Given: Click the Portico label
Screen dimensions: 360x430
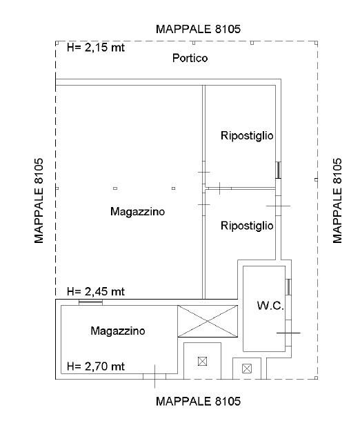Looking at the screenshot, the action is tap(190, 58).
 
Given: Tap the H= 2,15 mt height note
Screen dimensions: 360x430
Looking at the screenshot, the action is tap(96, 48).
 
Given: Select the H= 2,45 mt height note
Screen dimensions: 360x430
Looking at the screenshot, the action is tap(96, 291).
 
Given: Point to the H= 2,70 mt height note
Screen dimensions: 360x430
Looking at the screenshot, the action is tap(96, 367).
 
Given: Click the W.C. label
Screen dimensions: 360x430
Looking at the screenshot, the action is tap(270, 306).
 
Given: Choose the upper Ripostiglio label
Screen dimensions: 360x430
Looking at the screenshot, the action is tap(247, 136).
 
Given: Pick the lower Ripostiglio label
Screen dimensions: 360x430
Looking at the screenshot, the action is tap(247, 226).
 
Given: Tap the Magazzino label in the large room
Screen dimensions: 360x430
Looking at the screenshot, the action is tap(137, 211).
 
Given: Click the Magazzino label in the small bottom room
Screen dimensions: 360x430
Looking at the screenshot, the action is tap(118, 331).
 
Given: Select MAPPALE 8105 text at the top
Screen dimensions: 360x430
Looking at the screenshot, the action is tap(198, 29).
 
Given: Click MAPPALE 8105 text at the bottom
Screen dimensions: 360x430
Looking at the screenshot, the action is tap(198, 402).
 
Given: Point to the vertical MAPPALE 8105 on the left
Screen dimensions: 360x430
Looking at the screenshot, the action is tap(39, 200).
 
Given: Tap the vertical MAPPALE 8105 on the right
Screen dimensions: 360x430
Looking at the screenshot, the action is tap(337, 200).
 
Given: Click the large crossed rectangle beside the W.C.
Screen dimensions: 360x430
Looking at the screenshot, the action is tap(208, 321).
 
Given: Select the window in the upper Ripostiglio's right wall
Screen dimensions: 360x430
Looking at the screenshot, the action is tap(278, 170).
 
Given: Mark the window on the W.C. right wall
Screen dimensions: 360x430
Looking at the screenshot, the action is tap(288, 287).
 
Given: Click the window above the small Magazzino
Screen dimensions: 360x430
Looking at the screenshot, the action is tap(90, 302).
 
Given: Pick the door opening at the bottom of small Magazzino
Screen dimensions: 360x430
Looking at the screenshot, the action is tap(154, 376).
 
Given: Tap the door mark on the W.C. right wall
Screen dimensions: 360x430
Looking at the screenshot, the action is tap(288, 333).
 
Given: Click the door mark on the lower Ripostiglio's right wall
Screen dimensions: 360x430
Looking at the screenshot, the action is tap(278, 206).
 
